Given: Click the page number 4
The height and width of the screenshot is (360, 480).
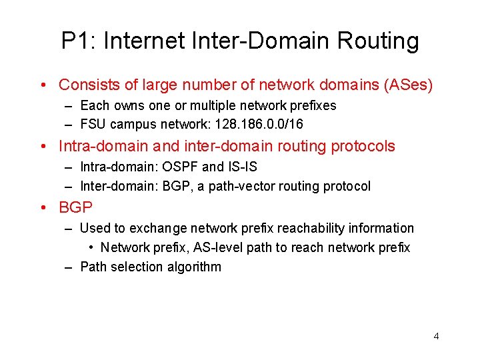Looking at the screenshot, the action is coord(436,336).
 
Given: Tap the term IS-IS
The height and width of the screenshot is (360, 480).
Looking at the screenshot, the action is coord(242,167).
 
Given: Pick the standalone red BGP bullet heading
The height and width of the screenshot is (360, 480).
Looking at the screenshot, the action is coord(75,207).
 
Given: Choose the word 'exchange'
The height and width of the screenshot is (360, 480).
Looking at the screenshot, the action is coord(155,228).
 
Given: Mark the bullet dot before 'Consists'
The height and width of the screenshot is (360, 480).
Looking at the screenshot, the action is coord(42,85).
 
